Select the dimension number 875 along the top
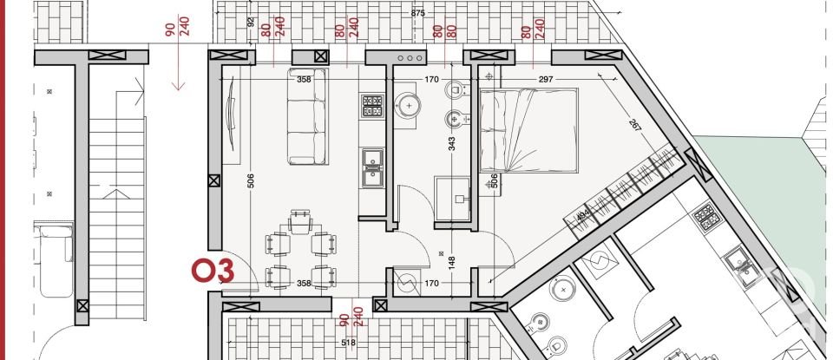pos(418,13)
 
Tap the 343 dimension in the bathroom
pos(451,144)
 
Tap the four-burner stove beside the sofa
pos(373,107)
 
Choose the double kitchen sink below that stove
pos(373,168)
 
